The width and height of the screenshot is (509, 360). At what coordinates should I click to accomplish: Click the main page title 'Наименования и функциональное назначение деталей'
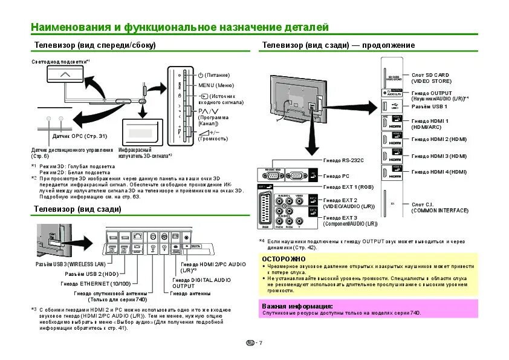180,28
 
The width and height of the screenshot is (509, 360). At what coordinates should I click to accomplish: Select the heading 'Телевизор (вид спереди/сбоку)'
95,45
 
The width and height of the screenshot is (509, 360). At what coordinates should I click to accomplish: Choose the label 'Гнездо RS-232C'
343,160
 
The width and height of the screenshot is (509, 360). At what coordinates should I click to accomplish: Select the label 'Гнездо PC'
337,176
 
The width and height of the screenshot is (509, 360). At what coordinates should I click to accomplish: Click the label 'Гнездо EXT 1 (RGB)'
348,188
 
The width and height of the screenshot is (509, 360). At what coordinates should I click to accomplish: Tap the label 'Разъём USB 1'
429,105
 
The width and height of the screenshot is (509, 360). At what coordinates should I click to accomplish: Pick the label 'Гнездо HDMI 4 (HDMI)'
439,172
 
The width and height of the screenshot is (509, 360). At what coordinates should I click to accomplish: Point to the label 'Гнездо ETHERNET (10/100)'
96,284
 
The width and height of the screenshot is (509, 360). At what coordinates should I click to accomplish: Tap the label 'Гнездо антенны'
190,293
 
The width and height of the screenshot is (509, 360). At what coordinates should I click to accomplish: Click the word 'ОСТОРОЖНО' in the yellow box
280,258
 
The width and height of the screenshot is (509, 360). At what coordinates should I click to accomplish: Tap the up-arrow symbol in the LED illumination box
65,74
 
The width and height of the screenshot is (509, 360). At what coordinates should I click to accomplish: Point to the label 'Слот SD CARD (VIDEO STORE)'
430,77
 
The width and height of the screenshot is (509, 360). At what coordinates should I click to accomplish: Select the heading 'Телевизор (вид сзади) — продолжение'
338,45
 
